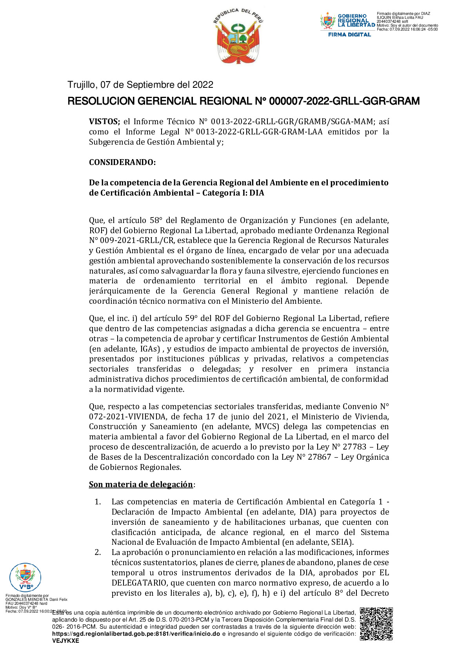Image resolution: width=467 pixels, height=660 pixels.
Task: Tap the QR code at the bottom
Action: [376, 624]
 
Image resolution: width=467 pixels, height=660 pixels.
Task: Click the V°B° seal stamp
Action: [25, 577]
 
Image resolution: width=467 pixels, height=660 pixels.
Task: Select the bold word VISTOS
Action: [104, 121]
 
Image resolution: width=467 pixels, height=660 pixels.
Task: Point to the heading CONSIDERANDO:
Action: [122, 162]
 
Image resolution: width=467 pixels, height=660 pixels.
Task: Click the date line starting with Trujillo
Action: [140, 85]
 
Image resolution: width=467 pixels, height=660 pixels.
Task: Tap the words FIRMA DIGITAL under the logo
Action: [349, 34]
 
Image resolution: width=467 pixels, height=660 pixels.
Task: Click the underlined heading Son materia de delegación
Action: [141, 484]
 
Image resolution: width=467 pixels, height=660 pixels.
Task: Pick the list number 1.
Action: [98, 502]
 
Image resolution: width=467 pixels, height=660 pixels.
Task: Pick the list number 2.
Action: [98, 552]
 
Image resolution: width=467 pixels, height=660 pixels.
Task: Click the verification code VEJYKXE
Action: [65, 641]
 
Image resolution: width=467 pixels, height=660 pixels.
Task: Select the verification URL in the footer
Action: [136, 634]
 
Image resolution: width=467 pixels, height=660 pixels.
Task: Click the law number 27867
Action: [319, 457]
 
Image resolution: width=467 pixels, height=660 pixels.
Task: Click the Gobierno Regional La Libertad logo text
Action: [356, 21]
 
